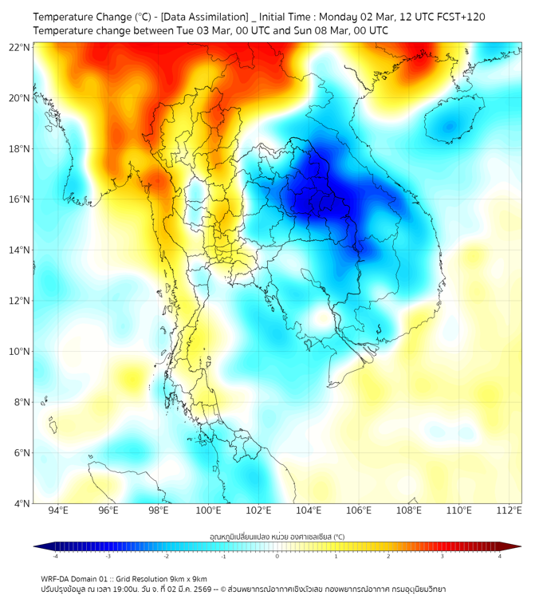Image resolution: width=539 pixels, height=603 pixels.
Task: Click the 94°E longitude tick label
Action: coord(58,510)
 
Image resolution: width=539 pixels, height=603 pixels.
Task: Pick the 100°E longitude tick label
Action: coord(208,510)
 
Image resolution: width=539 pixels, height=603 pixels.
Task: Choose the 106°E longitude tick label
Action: coord(359,510)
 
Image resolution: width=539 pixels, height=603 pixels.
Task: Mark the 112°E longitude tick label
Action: coord(509,510)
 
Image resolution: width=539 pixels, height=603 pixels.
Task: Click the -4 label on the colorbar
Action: coord(54,556)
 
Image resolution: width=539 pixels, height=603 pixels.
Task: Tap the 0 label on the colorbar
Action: coord(277,556)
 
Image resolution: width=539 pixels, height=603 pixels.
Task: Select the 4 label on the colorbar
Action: coord(499,556)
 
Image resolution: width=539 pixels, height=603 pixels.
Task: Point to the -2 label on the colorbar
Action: coord(165,556)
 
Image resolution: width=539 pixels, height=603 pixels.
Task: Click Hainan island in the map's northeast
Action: coord(450,125)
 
